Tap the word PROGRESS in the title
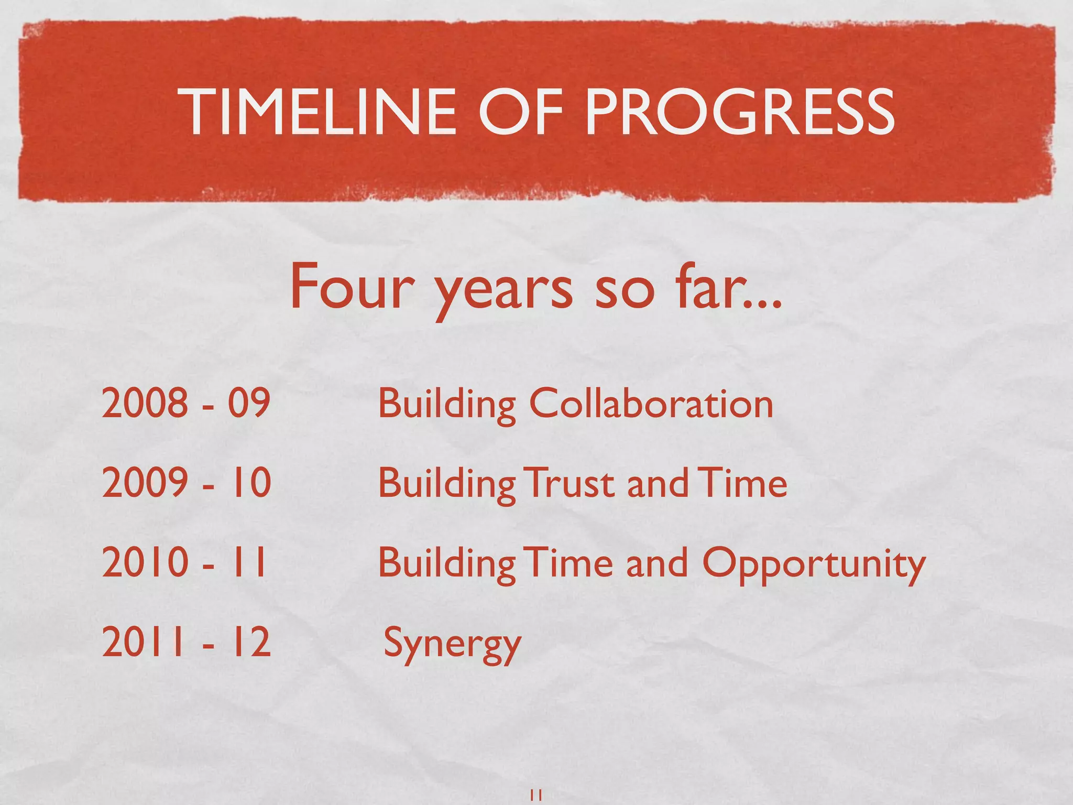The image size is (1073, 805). (740, 112)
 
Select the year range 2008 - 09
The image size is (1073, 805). (186, 402)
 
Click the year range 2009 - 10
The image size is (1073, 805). (187, 482)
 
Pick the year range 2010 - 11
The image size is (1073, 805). (184, 562)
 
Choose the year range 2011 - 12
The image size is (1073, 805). (187, 642)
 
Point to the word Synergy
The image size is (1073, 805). (452, 644)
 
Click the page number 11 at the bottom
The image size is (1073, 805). (536, 795)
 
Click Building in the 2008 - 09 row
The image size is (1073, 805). (447, 405)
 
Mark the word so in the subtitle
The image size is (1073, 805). (624, 291)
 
